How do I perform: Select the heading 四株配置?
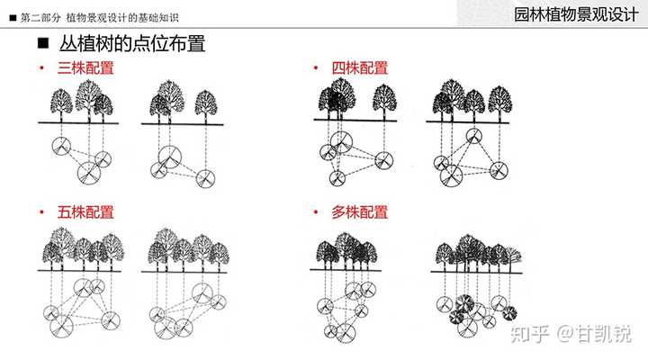pos(360,67)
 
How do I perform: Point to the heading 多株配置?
pos(360,213)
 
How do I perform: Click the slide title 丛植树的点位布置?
pos(132,44)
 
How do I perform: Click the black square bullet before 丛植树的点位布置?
pos(42,44)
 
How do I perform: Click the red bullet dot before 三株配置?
pos(41,68)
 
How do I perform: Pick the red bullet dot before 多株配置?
pos(315,214)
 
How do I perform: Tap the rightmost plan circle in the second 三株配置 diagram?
pos(206,177)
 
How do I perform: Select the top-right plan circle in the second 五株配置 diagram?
pos(202,292)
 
